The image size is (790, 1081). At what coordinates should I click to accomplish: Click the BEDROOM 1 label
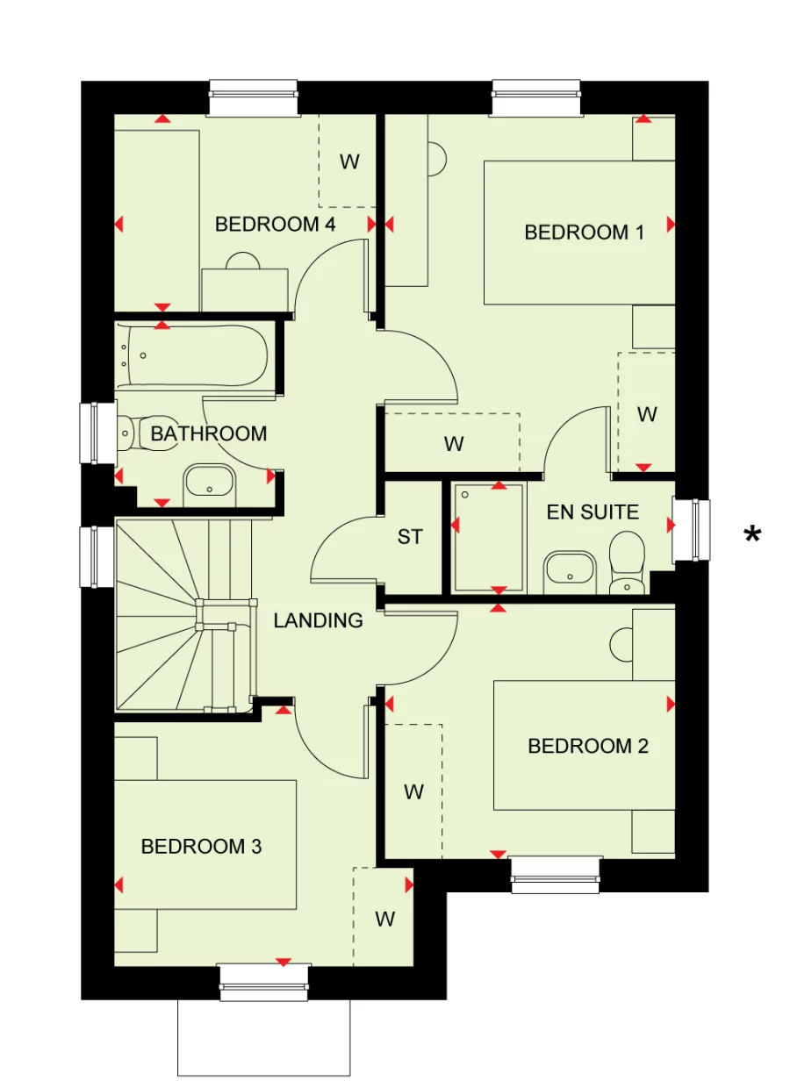584,233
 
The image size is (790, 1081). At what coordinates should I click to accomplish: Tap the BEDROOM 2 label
587,746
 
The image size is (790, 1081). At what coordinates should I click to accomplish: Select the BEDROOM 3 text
201,847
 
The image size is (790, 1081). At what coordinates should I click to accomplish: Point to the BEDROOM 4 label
275,225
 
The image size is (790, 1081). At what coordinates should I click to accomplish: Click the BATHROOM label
208,433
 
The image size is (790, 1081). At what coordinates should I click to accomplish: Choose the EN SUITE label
592,512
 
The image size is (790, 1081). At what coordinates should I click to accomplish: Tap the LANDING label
318,621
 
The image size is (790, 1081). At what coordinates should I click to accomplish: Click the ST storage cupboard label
410,537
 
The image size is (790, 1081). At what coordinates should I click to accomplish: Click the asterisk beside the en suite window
751,534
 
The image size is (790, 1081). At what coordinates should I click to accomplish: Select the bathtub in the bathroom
196,355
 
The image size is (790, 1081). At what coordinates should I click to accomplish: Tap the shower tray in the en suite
489,537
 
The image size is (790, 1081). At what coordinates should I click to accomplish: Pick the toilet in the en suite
627,562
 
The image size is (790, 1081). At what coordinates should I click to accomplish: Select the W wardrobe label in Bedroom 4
349,161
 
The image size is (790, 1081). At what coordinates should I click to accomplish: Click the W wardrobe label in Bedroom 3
384,919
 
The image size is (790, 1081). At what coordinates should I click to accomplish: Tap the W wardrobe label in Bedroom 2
413,792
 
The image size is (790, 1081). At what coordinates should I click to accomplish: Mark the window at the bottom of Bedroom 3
264,981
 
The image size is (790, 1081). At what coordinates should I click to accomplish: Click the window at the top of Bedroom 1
537,97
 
